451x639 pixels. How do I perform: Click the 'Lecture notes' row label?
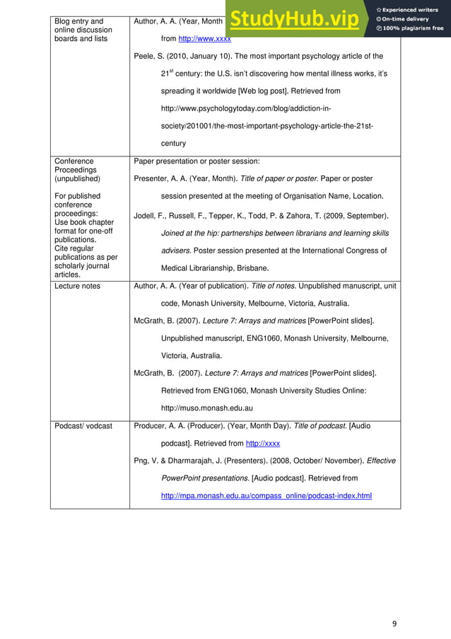coord(77,286)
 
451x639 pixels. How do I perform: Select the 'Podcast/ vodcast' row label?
coord(83,425)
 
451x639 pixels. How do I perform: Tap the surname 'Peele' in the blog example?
coord(143,56)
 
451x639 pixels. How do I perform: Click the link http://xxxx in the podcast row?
coord(262,443)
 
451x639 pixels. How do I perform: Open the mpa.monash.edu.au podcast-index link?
coord(266,495)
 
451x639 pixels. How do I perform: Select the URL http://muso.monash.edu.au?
coord(207,408)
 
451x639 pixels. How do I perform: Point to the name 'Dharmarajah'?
coord(196,460)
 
